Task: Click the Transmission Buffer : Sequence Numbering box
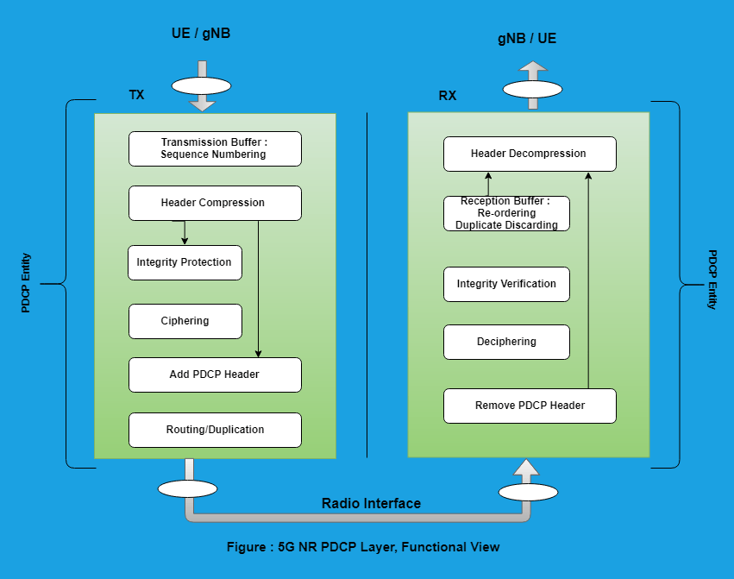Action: coord(215,148)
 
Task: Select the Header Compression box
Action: coord(215,203)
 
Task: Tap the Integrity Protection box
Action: coord(185,262)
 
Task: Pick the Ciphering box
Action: coord(185,321)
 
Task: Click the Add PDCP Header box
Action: coord(215,374)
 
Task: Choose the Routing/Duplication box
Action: coord(215,430)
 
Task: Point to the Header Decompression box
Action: coord(530,154)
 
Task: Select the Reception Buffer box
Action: coord(506,213)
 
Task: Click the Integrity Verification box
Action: coord(506,284)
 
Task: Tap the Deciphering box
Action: coord(506,342)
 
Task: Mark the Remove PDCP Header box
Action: coord(530,406)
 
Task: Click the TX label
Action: coord(136,95)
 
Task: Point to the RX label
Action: coord(447,96)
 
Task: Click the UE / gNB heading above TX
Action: coord(201,34)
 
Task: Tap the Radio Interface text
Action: coord(371,504)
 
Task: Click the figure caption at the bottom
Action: coord(363,547)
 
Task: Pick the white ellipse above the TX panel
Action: coord(202,85)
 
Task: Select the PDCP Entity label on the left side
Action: coord(26,282)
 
